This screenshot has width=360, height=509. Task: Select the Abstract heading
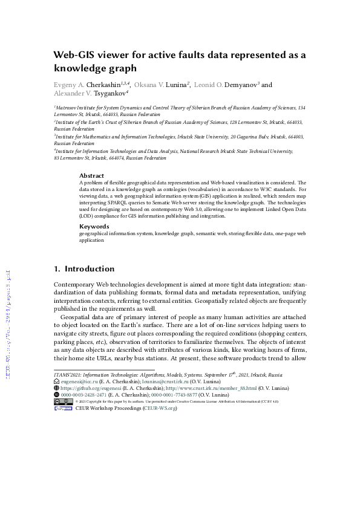pyautogui.click(x=92, y=176)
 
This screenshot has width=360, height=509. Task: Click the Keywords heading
pyautogui.click(x=94, y=227)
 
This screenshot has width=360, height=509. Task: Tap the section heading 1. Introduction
pyautogui.click(x=84, y=268)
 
